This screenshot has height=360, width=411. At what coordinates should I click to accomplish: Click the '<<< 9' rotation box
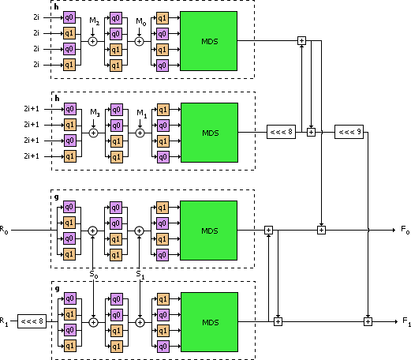pos(349,132)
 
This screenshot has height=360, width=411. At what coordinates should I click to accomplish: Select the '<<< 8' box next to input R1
pos(32,321)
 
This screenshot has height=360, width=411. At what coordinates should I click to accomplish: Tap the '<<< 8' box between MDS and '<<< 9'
pos(281,132)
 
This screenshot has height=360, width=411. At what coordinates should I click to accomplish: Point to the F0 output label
pos(405,230)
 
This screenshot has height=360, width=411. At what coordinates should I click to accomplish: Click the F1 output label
pos(406,322)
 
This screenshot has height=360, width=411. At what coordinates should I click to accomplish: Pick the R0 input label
pos(4,230)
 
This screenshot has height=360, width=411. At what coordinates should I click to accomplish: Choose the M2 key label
pos(95,21)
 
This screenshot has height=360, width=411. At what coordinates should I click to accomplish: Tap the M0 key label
pos(141,22)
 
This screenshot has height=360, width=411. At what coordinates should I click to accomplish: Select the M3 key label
pos(95,113)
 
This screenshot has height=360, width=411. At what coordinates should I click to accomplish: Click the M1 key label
pos(142,114)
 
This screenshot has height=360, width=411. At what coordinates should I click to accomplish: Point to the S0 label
pos(94,275)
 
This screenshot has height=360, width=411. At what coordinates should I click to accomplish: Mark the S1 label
pos(140,275)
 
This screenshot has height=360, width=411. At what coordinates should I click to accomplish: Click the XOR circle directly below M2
pos(92,41)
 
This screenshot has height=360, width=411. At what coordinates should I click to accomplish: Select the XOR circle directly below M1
pos(140,133)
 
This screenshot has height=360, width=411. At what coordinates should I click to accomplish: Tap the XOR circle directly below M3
pos(93,133)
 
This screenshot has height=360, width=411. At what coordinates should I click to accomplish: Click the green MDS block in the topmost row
pos(208,41)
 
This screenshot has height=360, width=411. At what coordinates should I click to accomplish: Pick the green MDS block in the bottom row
pos(209,322)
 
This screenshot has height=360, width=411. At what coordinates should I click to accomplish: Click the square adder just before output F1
pos(368,321)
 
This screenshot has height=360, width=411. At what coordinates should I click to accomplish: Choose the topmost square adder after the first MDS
pos(301,40)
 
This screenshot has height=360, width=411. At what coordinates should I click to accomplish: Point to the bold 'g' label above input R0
pos(57,197)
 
